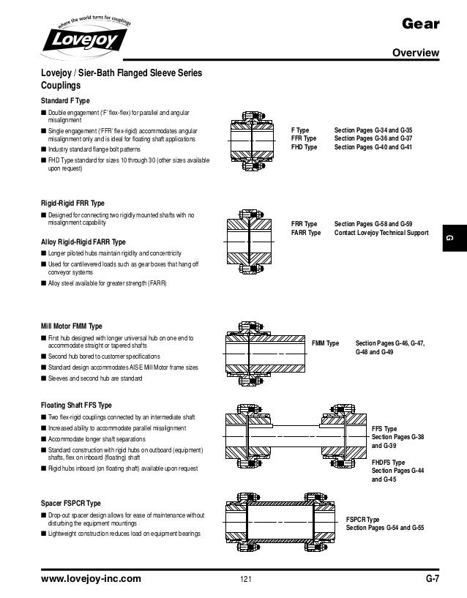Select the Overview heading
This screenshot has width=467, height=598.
pyautogui.click(x=416, y=53)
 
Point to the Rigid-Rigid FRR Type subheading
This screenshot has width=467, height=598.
pyautogui.click(x=72, y=202)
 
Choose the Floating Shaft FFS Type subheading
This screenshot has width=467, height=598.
pyautogui.click(x=76, y=405)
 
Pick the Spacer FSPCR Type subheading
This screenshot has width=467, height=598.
pyautogui.click(x=70, y=504)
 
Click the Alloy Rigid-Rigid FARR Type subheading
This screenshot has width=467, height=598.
pyautogui.click(x=83, y=242)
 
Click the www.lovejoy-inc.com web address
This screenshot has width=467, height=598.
pyautogui.click(x=91, y=579)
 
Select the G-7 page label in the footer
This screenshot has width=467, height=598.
pyautogui.click(x=432, y=579)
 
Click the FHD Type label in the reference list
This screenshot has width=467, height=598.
pyautogui.click(x=304, y=146)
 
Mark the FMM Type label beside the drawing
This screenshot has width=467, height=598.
pyautogui.click(x=326, y=343)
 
